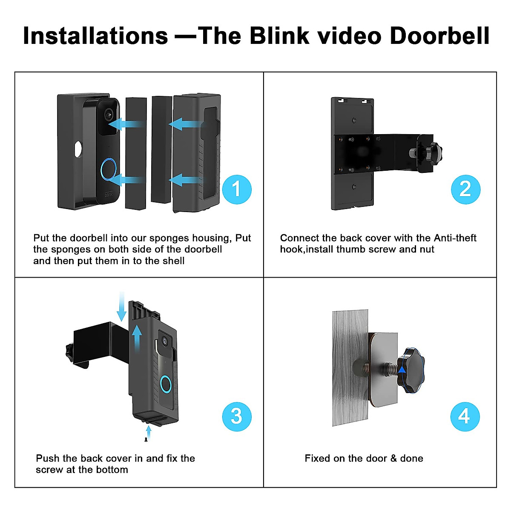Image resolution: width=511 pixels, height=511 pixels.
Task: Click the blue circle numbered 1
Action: click(x=237, y=189)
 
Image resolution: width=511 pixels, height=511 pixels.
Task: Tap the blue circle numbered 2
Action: click(x=465, y=189)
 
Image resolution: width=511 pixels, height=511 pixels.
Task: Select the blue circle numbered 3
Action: click(x=237, y=416)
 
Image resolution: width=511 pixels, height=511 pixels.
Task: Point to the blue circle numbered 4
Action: click(x=465, y=416)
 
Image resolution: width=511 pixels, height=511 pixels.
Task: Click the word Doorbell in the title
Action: click(x=439, y=36)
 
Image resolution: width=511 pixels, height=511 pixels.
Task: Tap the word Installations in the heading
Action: click(x=95, y=36)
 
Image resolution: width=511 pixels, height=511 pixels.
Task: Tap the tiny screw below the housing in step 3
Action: click(x=146, y=439)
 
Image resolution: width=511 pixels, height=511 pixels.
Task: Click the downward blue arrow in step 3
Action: click(x=121, y=307)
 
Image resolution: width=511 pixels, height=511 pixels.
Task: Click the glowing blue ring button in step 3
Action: click(x=166, y=384)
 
